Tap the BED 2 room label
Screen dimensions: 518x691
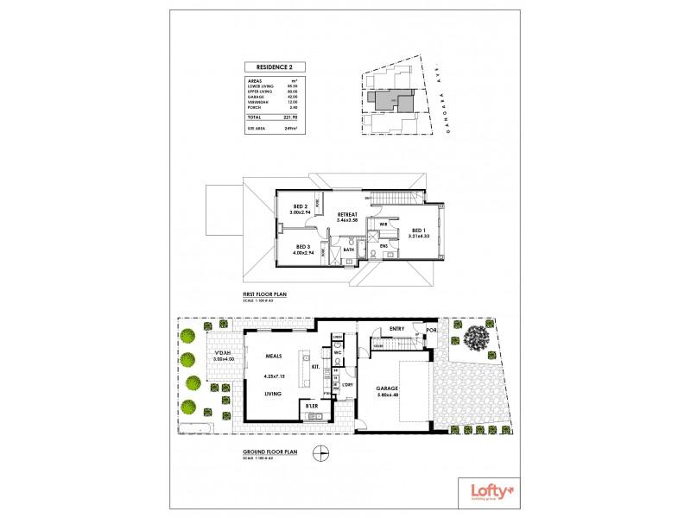pos(301,207)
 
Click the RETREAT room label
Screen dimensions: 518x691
pos(348,214)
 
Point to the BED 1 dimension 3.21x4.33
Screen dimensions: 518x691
pos(419,237)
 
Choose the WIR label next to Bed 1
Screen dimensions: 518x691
pos(383,224)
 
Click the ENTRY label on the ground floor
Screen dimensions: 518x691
pos(397,328)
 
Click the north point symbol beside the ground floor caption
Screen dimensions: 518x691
pos(320,452)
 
